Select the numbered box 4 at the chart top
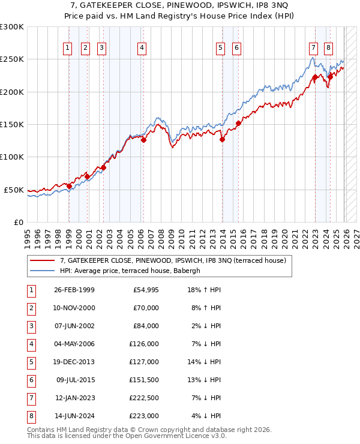click(x=142, y=49)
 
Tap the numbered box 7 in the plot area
click(x=313, y=49)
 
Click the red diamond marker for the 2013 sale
click(x=222, y=140)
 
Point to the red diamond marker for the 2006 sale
click(x=143, y=140)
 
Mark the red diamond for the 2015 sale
click(x=238, y=124)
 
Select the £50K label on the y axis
click(x=14, y=190)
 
